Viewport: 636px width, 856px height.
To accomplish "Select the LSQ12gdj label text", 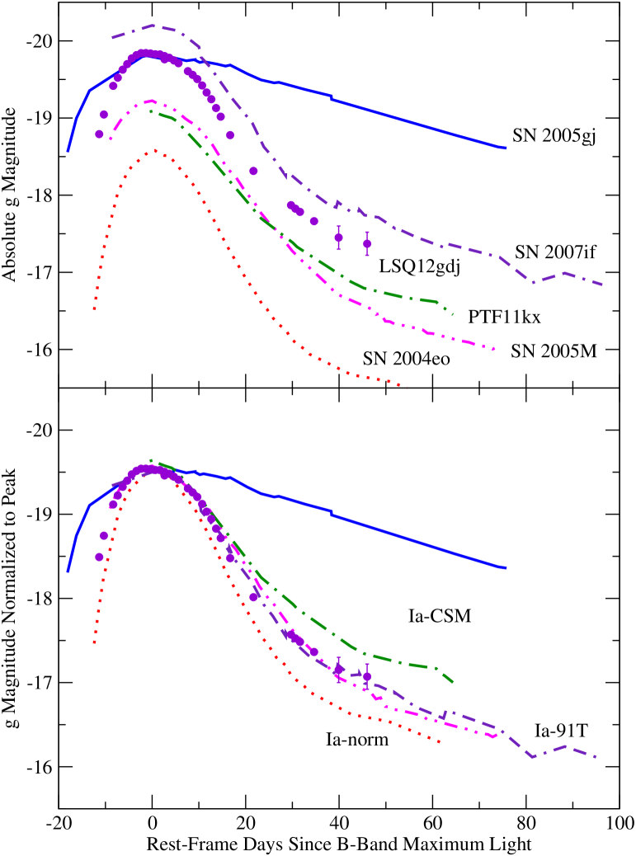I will [x=418, y=266].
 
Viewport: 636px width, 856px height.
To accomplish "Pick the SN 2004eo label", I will [x=403, y=359].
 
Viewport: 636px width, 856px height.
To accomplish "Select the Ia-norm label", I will [x=357, y=740].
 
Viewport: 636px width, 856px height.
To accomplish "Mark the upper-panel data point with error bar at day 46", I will [x=367, y=243].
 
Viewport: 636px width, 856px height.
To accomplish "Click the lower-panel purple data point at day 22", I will [x=253, y=597].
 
